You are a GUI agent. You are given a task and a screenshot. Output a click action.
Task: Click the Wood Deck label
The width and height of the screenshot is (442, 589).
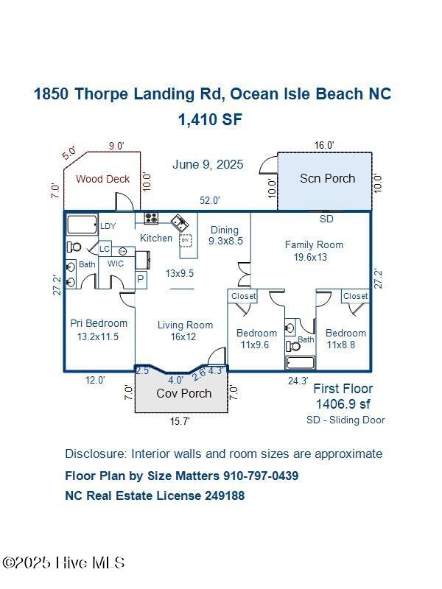(x=102, y=179)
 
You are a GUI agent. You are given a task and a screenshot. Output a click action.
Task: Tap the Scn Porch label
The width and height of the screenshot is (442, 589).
(x=327, y=178)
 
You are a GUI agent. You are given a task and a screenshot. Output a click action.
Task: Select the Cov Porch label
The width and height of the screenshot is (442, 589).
(x=183, y=393)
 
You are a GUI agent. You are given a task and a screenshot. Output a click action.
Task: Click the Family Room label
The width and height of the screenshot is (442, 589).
(x=314, y=244)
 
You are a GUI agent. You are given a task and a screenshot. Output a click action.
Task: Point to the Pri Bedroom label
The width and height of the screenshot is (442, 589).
(x=99, y=323)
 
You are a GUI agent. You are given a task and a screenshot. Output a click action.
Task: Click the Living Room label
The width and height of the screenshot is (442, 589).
(x=185, y=325)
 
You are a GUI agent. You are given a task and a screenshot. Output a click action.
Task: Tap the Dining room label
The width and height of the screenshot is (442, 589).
(x=225, y=229)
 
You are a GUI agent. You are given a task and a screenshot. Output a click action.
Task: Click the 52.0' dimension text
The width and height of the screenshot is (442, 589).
(x=210, y=200)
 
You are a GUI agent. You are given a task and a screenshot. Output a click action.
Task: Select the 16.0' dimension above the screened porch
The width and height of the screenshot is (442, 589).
(x=325, y=146)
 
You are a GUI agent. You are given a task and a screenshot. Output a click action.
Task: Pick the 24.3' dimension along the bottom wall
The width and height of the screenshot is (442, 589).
(x=298, y=381)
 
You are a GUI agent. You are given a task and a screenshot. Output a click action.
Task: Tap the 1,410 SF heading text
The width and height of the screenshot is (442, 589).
(x=210, y=119)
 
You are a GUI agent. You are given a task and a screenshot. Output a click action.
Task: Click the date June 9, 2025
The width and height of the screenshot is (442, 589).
(x=208, y=164)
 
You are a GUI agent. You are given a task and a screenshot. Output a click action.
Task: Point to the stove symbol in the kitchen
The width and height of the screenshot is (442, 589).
(x=151, y=218)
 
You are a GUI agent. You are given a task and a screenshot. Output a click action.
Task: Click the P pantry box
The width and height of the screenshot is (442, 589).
(x=141, y=279)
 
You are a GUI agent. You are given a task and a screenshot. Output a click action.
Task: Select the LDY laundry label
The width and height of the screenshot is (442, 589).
(x=108, y=226)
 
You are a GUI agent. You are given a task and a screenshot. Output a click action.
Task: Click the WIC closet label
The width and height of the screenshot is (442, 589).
(x=115, y=263)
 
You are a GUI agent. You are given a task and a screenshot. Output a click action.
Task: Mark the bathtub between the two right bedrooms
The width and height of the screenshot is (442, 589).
(x=300, y=362)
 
